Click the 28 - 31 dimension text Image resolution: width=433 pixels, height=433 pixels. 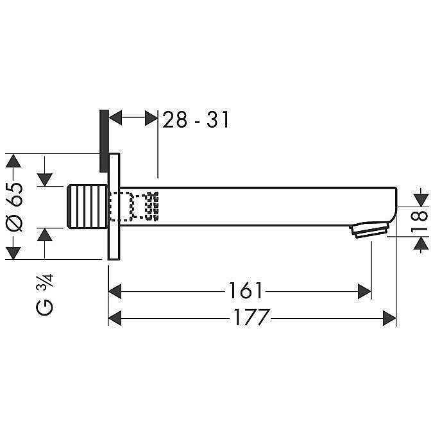click(196, 119)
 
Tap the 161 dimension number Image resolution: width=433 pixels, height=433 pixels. click(245, 291)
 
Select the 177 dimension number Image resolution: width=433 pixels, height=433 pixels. click(251, 318)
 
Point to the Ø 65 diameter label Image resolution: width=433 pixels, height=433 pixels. click(14, 207)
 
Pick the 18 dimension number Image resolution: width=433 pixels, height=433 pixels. click(420, 221)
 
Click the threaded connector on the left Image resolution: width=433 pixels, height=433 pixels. click(87, 207)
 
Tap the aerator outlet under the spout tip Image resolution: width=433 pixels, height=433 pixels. click(369, 229)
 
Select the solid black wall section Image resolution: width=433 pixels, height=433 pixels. click(104, 141)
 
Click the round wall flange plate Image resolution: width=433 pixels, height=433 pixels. click(114, 207)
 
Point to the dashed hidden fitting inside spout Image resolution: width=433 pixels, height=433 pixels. click(134, 207)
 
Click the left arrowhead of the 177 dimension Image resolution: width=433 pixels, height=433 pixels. click(115, 318)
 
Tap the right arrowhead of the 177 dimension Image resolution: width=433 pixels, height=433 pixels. click(389, 318)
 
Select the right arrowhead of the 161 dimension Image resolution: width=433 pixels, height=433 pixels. click(364, 291)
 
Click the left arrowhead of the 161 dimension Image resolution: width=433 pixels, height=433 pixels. click(115, 291)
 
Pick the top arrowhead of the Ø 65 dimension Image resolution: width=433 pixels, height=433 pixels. click(13, 161)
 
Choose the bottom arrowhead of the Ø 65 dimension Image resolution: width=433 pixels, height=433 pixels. click(13, 253)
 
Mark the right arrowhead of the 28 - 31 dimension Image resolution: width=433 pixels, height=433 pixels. click(151, 118)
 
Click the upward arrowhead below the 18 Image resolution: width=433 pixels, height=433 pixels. click(421, 243)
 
